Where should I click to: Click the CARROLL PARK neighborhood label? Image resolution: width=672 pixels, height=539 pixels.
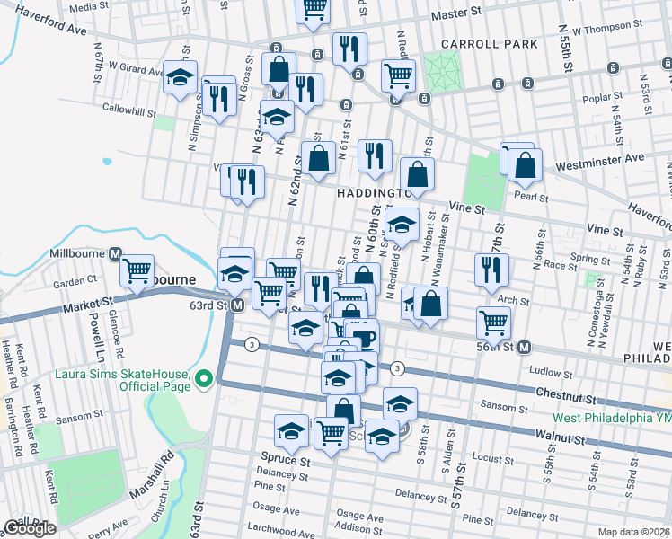(489, 43)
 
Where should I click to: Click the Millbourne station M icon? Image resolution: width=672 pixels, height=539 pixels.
(115, 254)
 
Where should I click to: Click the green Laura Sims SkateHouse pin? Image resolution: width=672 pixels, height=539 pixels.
(204, 380)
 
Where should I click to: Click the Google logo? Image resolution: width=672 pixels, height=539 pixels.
(30, 527)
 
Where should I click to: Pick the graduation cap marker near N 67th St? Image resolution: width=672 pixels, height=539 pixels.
(181, 77)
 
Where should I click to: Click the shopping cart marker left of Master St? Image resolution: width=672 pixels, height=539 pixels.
(314, 8)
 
